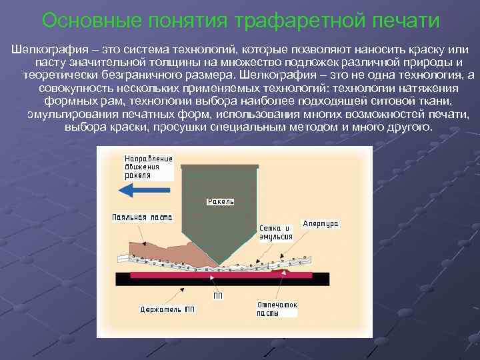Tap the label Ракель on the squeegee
[221, 201]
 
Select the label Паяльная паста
[142, 217]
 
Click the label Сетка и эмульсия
[276, 232]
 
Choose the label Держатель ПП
[168, 309]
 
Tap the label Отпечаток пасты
[277, 309]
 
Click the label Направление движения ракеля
[148, 167]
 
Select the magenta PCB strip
[220, 275]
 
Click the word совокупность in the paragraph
[76, 88]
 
